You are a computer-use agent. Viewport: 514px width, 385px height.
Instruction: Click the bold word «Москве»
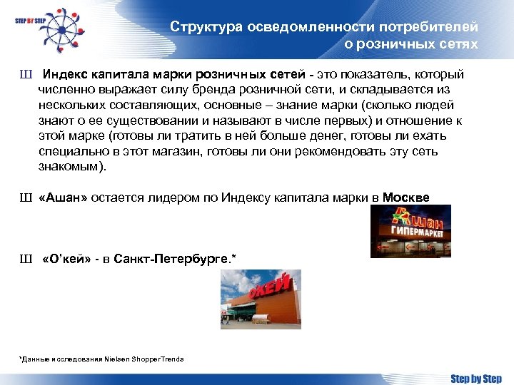click(407, 197)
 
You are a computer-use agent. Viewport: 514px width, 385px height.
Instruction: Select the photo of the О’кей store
click(261, 299)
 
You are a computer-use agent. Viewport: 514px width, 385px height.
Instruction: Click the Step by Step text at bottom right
click(475, 377)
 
